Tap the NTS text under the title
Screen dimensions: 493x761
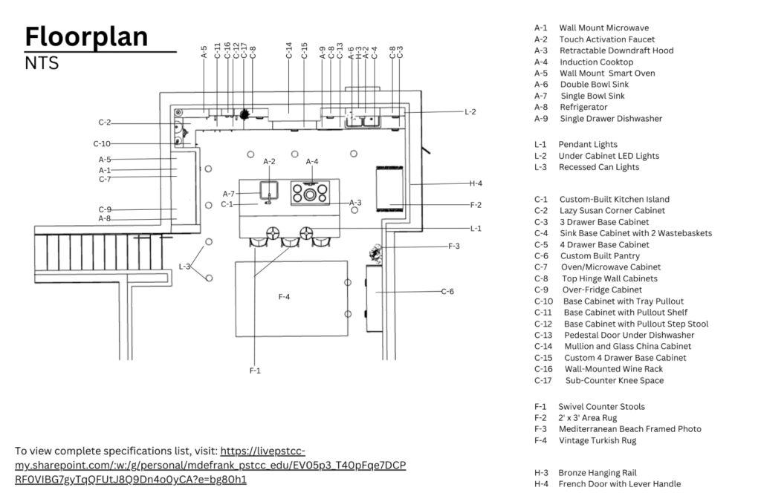[42, 64]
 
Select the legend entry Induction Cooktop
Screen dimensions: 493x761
[596, 62]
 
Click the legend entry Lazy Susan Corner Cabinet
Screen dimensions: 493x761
[613, 210]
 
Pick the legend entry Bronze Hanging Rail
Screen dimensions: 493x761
[597, 473]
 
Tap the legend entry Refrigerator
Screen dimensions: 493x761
[583, 107]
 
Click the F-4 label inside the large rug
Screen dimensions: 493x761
[284, 297]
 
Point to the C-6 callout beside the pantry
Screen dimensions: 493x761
[447, 292]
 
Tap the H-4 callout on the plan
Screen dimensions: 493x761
[476, 183]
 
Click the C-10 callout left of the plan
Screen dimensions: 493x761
[102, 143]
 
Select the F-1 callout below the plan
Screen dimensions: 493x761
[255, 369]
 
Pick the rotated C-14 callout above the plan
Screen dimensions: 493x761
[289, 50]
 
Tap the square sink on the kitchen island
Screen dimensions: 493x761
[268, 191]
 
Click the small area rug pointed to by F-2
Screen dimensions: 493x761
[389, 189]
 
